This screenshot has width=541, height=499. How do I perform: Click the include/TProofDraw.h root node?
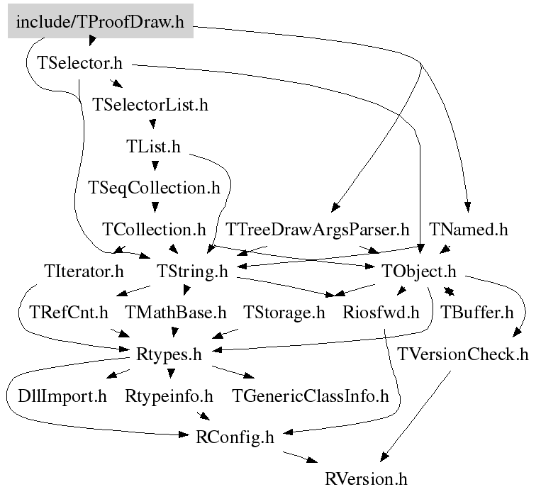coord(100,23)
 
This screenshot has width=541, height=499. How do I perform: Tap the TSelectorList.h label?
coord(150,105)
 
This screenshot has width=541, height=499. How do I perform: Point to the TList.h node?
coord(153,147)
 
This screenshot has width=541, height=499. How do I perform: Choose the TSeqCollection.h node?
coord(154,188)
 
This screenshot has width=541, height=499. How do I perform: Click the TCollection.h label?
coord(154,230)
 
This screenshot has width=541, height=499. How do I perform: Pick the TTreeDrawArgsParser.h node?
coord(318,230)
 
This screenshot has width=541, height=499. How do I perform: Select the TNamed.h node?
coord(469,230)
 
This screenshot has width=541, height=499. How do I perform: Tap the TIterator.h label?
coord(83,271)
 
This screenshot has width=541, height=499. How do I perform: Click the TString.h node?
coord(191,271)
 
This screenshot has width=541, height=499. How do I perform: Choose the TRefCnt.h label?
coord(69,312)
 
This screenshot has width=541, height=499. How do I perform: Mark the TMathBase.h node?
coord(176,312)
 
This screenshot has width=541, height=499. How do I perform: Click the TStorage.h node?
coord(284,312)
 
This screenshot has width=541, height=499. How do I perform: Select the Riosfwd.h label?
coord(381,312)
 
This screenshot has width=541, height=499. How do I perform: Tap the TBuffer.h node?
coord(476,312)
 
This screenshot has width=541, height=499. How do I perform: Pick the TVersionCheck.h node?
coord(464,354)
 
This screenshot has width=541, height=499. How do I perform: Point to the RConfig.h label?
coord(234,437)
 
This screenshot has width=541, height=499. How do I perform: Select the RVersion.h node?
coord(367,478)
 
